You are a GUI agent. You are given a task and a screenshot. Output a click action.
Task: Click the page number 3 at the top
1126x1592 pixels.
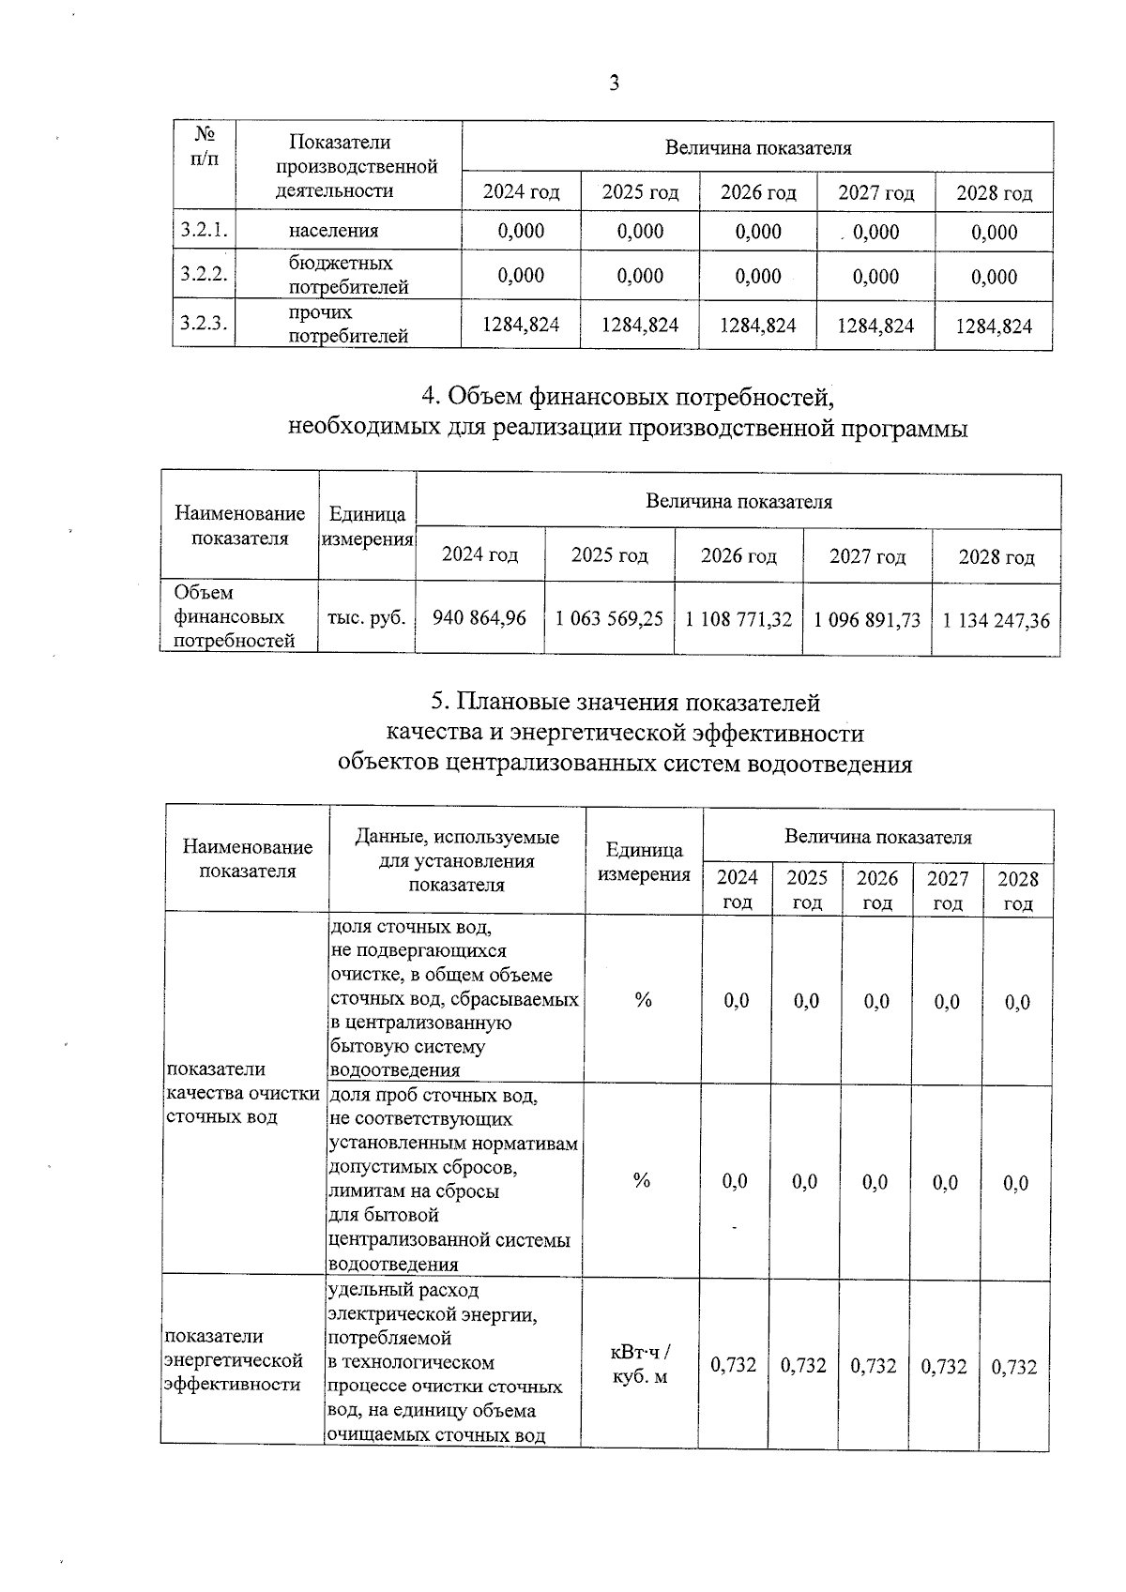click(x=614, y=83)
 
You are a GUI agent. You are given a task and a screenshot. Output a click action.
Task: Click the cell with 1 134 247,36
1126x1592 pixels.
click(x=996, y=620)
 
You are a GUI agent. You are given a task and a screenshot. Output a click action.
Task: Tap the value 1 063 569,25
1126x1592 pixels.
click(x=609, y=619)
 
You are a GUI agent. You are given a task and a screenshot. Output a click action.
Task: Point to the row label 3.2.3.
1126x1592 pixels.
click(x=204, y=324)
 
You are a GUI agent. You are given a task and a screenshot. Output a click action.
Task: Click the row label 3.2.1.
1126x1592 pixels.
click(x=204, y=230)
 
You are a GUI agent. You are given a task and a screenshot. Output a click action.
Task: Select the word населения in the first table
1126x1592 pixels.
click(x=333, y=231)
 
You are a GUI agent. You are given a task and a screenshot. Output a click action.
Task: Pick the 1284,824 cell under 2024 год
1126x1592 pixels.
click(x=521, y=325)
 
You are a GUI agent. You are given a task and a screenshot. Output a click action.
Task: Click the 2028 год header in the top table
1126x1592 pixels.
click(x=994, y=193)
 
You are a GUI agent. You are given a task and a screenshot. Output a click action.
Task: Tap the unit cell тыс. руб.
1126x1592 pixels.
click(x=366, y=618)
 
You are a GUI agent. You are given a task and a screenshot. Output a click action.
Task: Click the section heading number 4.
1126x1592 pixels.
click(x=428, y=398)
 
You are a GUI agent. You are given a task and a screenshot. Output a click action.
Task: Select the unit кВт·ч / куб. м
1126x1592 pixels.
click(x=641, y=1365)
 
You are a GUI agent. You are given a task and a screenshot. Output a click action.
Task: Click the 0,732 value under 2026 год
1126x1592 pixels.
click(x=873, y=1366)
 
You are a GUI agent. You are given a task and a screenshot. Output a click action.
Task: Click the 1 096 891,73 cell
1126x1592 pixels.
click(x=867, y=620)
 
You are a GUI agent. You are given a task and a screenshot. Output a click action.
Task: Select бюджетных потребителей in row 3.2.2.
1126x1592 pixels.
click(x=347, y=275)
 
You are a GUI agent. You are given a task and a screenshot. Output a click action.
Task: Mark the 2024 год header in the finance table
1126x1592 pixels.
click(x=479, y=555)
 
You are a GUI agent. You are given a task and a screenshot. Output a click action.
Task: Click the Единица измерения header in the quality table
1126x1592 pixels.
click(x=644, y=862)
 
